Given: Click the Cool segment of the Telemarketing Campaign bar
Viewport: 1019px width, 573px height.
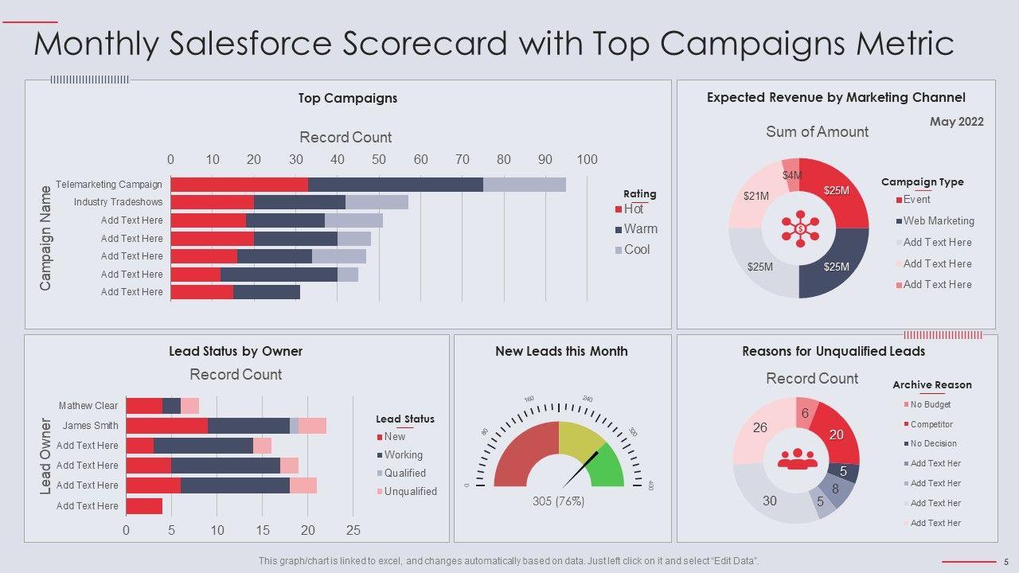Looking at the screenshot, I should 524,185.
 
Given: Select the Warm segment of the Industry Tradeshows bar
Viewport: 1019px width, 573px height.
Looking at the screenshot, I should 299,202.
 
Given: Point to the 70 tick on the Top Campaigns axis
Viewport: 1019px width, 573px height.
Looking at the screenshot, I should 463,159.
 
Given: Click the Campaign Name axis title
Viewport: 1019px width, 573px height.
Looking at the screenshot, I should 45,238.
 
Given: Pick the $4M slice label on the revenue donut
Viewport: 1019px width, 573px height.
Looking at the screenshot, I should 791,175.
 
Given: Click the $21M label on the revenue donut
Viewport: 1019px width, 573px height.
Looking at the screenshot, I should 755,196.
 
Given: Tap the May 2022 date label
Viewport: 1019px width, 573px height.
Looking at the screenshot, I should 956,122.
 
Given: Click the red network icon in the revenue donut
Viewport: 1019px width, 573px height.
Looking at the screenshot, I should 799,228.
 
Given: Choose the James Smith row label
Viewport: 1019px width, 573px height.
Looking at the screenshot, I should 90,426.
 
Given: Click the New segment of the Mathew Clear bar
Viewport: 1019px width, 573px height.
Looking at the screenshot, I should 144,406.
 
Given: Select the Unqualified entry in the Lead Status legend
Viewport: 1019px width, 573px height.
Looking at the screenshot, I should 410,492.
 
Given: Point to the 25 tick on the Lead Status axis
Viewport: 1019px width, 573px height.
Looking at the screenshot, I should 353,530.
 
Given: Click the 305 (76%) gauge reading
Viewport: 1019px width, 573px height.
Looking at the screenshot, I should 558,501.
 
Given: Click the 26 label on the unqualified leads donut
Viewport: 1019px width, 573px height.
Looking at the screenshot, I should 760,428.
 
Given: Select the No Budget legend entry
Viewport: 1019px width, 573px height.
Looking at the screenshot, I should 930,404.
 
